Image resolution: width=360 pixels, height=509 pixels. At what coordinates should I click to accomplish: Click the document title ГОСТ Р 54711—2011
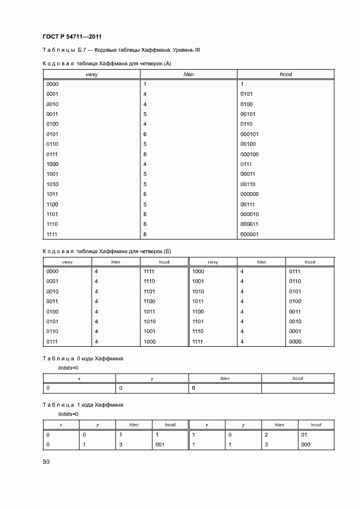72,36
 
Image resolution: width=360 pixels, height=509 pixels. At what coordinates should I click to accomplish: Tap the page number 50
46,462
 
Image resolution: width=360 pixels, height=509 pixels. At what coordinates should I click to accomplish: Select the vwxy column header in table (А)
91,74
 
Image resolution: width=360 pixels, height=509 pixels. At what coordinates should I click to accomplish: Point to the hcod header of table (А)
285,74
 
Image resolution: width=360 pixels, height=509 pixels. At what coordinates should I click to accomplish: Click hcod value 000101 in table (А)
249,134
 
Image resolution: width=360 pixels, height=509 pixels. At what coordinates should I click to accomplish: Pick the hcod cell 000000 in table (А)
249,194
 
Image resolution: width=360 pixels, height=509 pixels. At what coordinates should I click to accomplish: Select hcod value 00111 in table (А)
248,204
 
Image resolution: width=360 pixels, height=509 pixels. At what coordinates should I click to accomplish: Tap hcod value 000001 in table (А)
249,234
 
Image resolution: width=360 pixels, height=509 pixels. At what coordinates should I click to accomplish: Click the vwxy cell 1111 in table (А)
52,234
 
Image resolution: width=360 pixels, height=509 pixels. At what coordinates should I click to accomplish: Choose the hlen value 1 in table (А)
145,84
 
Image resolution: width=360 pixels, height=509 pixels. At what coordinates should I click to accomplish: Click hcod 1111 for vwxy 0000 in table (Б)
149,271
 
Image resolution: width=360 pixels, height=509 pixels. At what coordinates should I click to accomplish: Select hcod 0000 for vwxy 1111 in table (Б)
295,342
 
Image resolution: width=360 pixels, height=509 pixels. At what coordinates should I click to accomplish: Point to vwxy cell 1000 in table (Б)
198,271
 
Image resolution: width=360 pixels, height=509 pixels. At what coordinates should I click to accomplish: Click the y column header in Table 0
152,378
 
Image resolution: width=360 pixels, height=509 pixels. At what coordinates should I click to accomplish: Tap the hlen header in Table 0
224,378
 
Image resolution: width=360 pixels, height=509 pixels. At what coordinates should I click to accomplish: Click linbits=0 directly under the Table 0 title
68,368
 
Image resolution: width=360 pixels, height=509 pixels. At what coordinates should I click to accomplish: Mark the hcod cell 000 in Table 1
306,444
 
